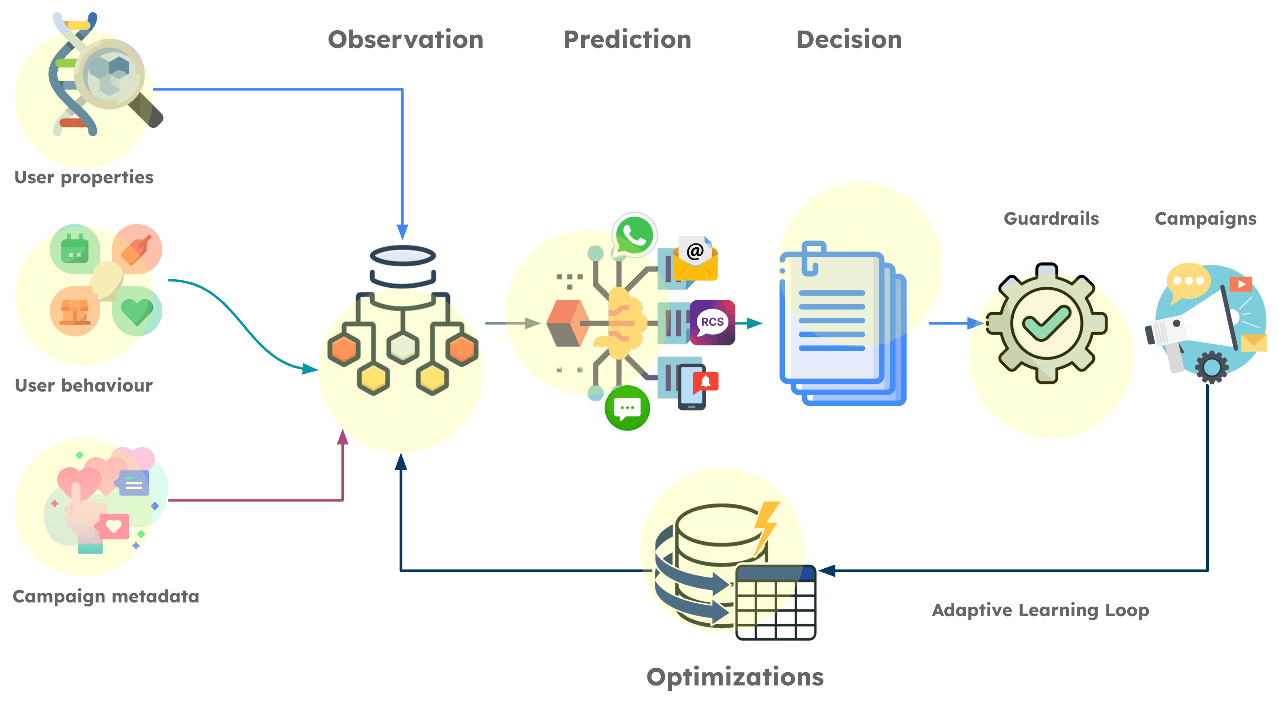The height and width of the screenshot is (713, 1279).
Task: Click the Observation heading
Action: (x=405, y=40)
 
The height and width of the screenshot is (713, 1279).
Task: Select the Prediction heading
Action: (x=627, y=40)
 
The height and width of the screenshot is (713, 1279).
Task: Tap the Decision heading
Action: (x=849, y=40)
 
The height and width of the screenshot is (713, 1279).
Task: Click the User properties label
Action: (x=84, y=178)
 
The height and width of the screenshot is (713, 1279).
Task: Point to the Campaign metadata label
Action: (x=106, y=596)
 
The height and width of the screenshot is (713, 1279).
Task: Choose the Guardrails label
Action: (x=1051, y=218)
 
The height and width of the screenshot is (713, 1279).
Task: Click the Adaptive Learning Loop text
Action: (x=1040, y=610)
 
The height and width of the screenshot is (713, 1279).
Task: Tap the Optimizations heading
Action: (x=735, y=678)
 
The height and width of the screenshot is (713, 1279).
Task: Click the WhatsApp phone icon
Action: (x=634, y=235)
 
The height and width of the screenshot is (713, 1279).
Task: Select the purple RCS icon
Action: (x=712, y=322)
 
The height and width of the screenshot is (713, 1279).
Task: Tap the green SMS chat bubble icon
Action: (x=627, y=408)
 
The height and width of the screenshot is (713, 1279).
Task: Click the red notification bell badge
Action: (x=706, y=381)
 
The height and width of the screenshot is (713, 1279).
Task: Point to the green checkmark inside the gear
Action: (x=1046, y=324)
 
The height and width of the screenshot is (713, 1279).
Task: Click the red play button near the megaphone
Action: (x=1241, y=284)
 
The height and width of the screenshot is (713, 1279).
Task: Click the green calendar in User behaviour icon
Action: (x=75, y=249)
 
